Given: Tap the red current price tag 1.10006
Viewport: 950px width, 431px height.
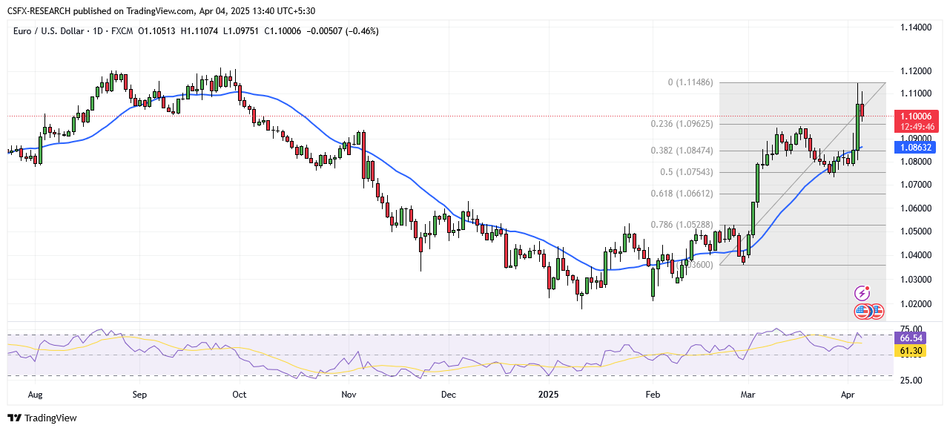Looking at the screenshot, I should coord(917,116).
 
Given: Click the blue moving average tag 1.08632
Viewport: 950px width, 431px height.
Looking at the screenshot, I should coord(917,148).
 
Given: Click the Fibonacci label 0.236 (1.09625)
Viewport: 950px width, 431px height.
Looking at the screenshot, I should coord(683,124).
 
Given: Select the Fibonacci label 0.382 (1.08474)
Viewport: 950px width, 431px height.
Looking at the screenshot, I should coord(683,151).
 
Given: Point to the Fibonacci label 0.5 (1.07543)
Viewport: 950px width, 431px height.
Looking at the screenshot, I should coord(687,172).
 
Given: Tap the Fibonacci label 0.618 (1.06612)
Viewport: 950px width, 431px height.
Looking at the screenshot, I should coord(683,194).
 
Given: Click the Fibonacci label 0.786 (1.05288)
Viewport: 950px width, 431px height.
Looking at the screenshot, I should coord(683,225).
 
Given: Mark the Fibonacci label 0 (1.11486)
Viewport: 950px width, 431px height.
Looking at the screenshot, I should coord(690,82).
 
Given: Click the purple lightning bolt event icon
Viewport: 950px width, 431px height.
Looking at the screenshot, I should coord(862,293).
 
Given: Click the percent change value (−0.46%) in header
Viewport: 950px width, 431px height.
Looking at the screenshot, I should coord(360,31).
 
